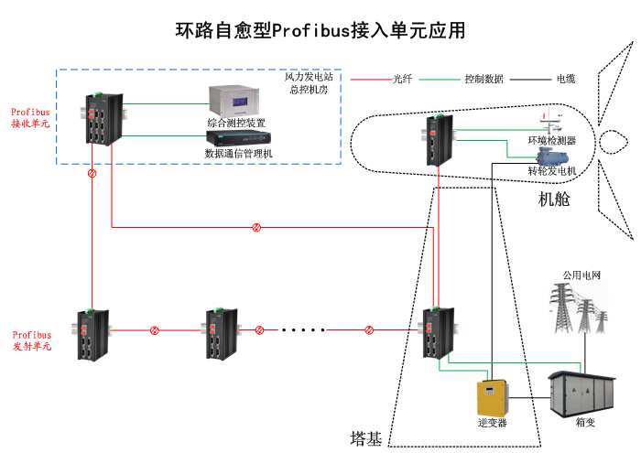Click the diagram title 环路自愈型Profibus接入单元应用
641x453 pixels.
point(320,30)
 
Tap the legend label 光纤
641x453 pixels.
point(403,79)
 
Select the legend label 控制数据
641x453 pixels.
point(483,79)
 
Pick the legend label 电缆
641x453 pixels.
point(566,79)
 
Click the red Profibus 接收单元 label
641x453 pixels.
point(30,118)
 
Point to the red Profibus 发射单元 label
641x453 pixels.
point(31,340)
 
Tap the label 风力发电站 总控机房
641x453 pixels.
point(309,84)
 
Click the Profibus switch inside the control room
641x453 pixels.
point(97,120)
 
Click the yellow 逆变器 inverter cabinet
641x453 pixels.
point(492,398)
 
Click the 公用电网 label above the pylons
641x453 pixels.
point(581,275)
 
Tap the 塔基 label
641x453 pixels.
point(365,438)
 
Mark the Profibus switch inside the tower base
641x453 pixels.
point(436,333)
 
